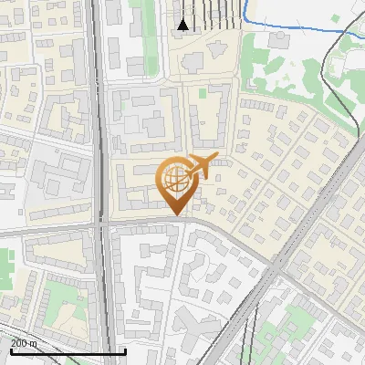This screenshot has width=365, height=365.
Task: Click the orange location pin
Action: click(176, 182)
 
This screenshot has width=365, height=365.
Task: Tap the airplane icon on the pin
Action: click(202, 165)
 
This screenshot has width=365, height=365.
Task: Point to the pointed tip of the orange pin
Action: click(176, 214)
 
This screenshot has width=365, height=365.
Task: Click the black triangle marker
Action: click(183, 25)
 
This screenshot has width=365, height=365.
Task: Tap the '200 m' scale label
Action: click(25, 343)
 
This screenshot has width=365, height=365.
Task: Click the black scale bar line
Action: click(68, 351)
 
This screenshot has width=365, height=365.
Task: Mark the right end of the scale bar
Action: click(125, 351)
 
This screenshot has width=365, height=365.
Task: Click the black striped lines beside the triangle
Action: click(219, 14)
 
